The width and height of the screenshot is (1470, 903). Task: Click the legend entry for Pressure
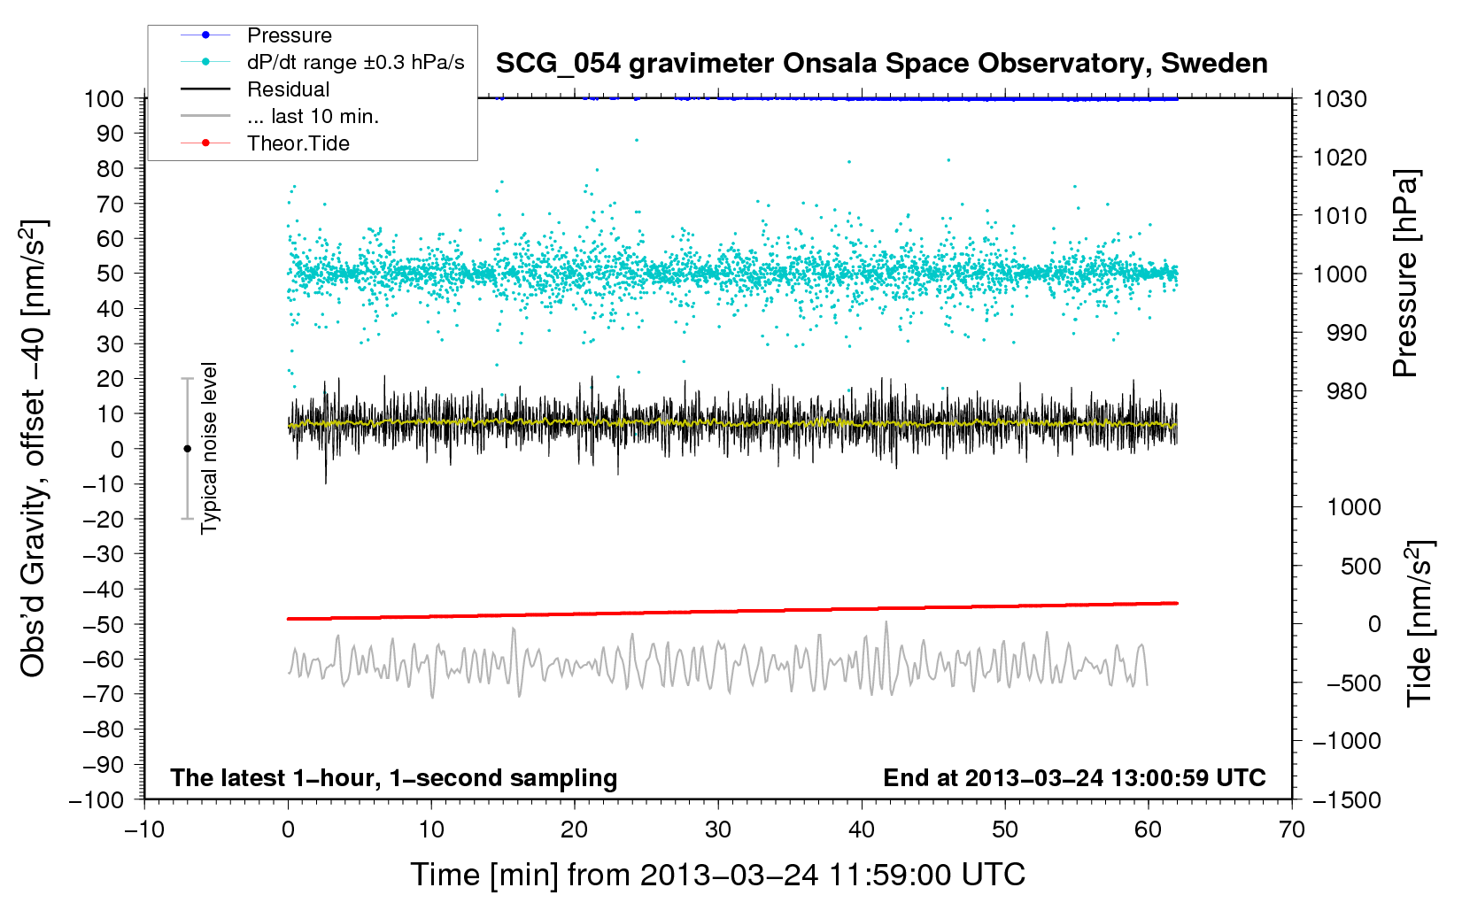coord(289,35)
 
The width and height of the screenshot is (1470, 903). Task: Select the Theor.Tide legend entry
coord(298,143)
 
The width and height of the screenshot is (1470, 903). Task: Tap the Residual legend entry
coord(288,89)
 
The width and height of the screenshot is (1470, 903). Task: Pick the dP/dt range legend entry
coord(355,62)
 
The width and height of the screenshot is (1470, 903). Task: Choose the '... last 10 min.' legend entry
coord(313,116)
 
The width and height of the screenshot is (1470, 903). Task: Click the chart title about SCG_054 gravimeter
coord(881,64)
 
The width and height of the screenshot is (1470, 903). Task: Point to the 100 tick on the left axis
coord(104,98)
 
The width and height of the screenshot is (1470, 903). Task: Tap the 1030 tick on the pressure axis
coord(1340,99)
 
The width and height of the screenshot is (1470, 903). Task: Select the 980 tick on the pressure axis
coord(1346,391)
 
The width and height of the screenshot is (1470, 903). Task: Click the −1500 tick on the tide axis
coord(1346,799)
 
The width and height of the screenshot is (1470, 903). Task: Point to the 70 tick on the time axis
coord(1292,830)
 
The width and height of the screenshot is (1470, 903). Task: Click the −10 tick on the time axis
coord(144,830)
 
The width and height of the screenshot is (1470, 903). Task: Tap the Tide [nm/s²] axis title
coord(1420,623)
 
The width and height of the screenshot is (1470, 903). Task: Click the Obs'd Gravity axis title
coord(34,448)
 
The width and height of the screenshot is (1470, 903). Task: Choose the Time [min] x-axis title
coord(717,875)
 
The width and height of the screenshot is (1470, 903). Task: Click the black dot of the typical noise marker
coord(187,449)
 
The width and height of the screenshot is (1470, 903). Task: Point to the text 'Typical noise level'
coord(209,448)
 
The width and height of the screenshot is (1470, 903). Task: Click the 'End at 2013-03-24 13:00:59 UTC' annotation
coord(1074,778)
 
